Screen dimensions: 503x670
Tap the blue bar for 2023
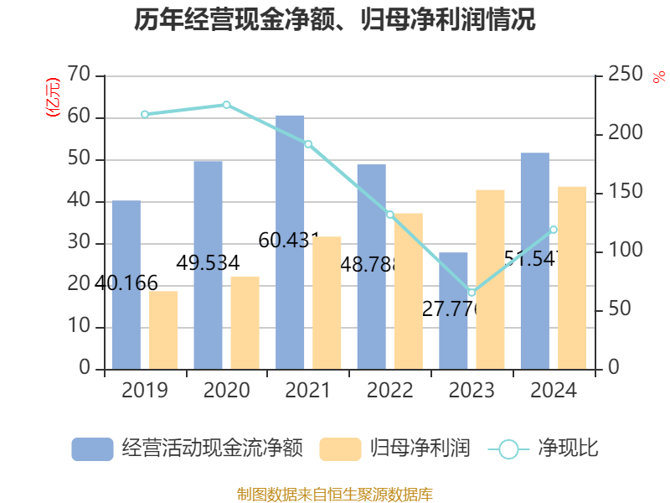(x=453, y=310)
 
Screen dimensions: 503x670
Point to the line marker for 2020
(x=226, y=105)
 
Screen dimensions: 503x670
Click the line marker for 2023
(x=472, y=293)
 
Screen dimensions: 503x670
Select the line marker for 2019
(x=144, y=114)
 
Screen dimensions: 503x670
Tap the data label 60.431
(x=290, y=241)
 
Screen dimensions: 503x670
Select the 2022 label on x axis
(x=389, y=391)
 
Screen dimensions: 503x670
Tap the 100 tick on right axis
(x=619, y=251)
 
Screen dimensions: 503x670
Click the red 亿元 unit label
(x=52, y=96)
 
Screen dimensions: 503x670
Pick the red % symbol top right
(x=657, y=77)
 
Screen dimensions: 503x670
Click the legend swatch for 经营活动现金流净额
(x=92, y=449)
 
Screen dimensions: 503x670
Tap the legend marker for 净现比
(x=508, y=449)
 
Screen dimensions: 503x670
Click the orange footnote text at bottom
(x=334, y=494)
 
